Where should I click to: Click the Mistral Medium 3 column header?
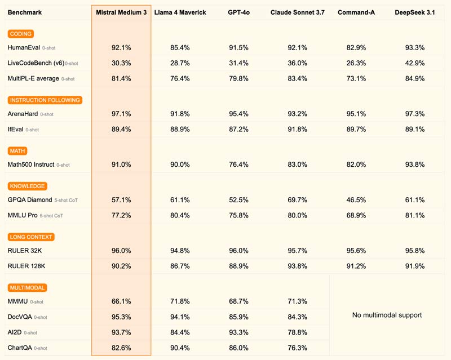click(121, 12)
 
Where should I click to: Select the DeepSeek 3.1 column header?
click(414, 12)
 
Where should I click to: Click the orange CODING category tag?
click(21, 34)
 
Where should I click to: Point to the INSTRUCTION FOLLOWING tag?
click(45, 100)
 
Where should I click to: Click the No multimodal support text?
click(387, 315)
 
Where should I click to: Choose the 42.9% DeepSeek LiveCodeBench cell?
click(414, 63)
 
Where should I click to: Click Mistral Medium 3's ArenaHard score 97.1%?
click(121, 114)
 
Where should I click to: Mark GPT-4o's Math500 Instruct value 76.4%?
click(238, 165)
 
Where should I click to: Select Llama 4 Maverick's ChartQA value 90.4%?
click(180, 348)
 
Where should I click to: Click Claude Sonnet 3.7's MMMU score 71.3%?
click(297, 302)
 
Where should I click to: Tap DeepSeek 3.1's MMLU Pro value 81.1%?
click(414, 215)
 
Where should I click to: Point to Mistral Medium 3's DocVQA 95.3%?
click(121, 317)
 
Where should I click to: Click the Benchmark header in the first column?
click(25, 12)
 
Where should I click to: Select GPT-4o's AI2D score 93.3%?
click(238, 332)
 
